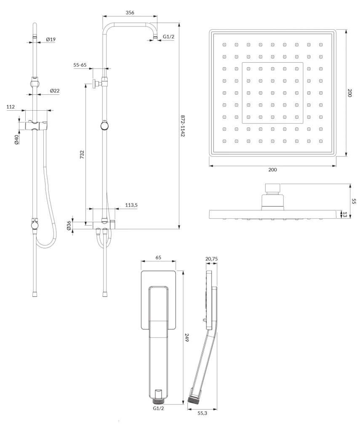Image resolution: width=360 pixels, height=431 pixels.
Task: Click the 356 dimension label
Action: (x=130, y=12)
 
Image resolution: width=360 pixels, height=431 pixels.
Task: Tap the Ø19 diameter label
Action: (x=51, y=39)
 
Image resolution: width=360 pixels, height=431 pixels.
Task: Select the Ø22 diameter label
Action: (x=55, y=91)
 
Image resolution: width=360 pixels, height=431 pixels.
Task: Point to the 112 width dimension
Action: (x=11, y=106)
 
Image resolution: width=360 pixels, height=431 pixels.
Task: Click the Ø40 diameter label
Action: (x=16, y=139)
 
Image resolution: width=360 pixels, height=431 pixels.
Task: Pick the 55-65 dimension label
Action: (x=80, y=65)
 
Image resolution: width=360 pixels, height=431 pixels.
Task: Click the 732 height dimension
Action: (x=82, y=154)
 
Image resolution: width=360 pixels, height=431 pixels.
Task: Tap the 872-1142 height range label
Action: (x=183, y=125)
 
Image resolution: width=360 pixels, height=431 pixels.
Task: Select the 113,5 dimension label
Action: (x=131, y=205)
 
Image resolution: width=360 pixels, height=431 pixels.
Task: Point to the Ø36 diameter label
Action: (x=69, y=226)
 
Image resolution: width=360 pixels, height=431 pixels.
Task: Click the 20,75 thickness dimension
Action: (x=211, y=259)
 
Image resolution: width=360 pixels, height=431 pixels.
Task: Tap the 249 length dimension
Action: (x=187, y=337)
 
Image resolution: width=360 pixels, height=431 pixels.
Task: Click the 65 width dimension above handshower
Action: (x=158, y=258)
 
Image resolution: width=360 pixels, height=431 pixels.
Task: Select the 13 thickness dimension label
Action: (x=344, y=215)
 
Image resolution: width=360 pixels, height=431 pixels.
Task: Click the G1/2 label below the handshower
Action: (x=158, y=408)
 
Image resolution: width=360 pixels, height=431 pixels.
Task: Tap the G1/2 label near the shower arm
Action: (x=168, y=37)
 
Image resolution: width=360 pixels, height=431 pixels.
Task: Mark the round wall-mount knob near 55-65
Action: (x=95, y=83)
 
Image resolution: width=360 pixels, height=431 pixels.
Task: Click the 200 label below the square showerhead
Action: (x=272, y=170)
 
